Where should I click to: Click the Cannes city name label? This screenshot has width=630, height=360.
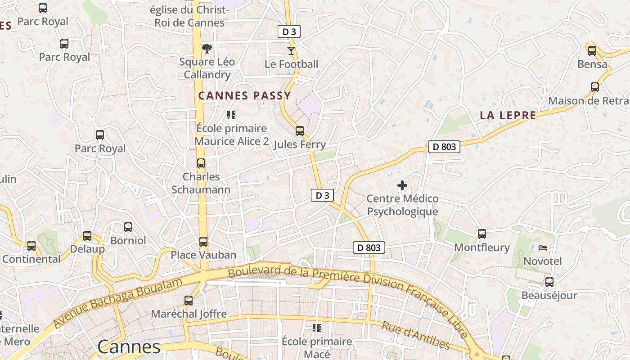(129, 347)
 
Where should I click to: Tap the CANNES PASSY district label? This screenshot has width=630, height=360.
(245, 96)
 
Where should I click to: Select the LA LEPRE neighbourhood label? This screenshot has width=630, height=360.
(508, 115)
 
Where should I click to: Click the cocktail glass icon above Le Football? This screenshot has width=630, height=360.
(291, 51)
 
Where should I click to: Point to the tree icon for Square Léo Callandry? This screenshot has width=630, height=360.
(207, 48)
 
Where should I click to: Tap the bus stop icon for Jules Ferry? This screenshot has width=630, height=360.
(299, 131)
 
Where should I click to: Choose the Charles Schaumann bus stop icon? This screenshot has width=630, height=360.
(201, 163)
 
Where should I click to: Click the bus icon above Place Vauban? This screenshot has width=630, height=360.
(203, 242)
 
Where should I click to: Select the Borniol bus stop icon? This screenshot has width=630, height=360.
(128, 227)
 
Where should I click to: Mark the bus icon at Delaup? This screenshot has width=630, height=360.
(87, 236)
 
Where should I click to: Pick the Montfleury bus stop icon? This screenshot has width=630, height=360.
(482, 234)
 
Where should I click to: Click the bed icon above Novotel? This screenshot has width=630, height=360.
(543, 248)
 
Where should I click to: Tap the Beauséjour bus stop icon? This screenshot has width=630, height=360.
(549, 282)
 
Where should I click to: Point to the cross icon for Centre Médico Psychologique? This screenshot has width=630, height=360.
(402, 185)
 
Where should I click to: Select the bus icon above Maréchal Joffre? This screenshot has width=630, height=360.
(189, 300)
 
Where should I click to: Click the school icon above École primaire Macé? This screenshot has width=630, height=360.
(317, 328)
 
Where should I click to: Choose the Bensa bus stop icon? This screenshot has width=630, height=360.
(592, 51)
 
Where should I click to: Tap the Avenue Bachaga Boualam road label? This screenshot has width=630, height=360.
(118, 302)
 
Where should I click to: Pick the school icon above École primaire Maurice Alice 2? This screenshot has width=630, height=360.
(231, 115)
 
